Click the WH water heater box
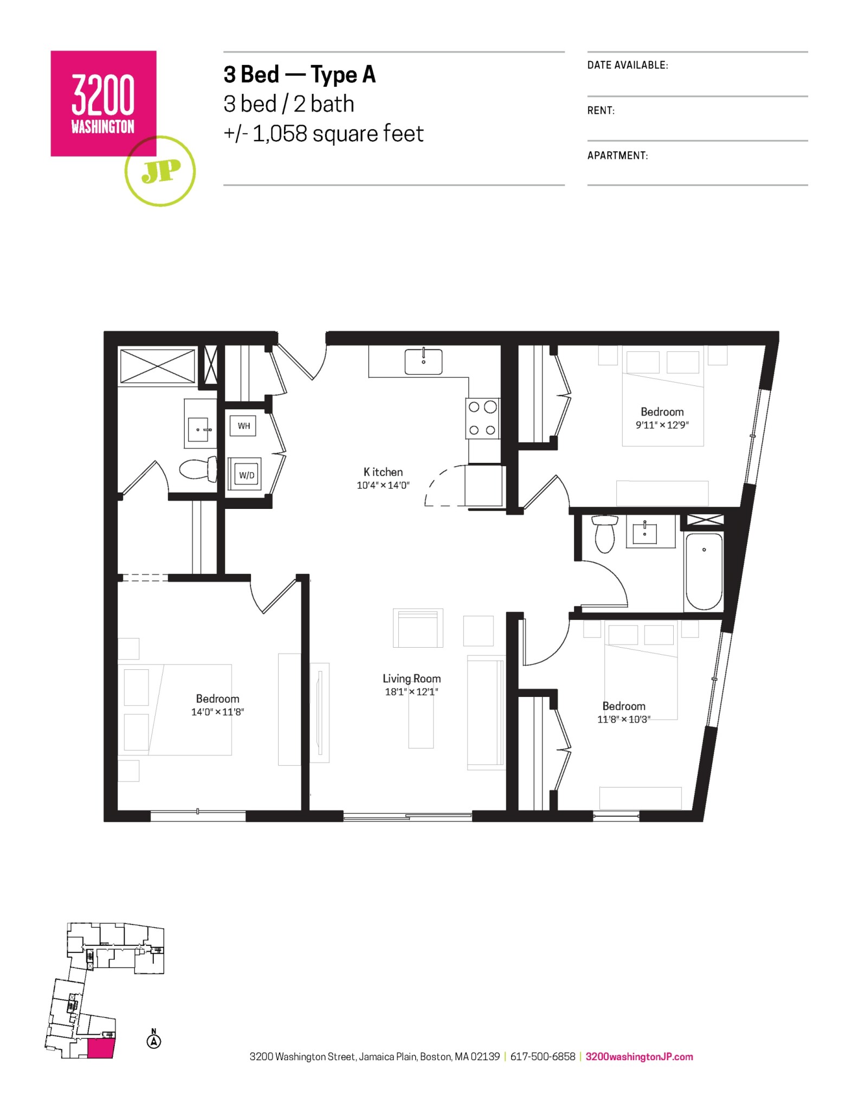[x=243, y=426]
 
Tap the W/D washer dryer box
[x=246, y=475]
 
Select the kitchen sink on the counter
[x=423, y=362]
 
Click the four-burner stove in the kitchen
[x=482, y=418]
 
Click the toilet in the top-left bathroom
[x=198, y=469]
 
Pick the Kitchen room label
[x=383, y=472]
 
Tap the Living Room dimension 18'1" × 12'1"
[x=411, y=692]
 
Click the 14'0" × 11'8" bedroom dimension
[x=217, y=712]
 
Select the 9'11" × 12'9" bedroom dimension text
[x=662, y=425]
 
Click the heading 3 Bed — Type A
[x=299, y=75]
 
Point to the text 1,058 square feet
[x=338, y=134]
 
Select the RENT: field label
[x=601, y=111]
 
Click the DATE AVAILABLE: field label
[x=627, y=65]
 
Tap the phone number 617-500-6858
[x=543, y=1056]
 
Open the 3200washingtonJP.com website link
[x=639, y=1056]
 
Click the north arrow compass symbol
[x=154, y=1040]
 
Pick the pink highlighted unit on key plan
[x=100, y=1048]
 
